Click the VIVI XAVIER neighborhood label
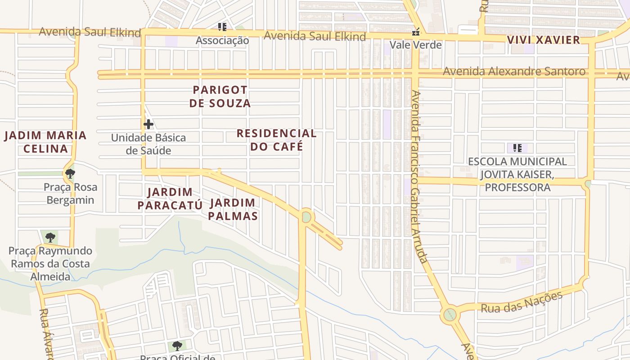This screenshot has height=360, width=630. tap(544, 40)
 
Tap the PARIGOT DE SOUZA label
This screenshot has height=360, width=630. tap(220, 96)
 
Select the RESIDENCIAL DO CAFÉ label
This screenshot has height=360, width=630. tap(276, 140)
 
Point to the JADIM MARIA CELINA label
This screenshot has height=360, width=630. tap(45, 142)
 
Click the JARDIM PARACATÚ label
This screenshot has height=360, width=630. tap(170, 199)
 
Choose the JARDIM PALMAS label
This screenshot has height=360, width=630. tap(233, 209)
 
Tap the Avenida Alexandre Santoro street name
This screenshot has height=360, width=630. tap(514, 71)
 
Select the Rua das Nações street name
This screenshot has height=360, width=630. tap(522, 302)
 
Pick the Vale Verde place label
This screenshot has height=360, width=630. tap(415, 45)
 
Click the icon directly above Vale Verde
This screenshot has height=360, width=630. tap(416, 32)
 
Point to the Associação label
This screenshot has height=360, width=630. tap(222, 40)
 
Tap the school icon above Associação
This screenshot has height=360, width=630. tap(222, 27)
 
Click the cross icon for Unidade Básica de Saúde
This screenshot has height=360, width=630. tap(148, 124)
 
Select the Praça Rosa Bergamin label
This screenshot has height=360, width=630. tap(70, 193)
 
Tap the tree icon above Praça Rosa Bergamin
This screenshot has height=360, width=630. tap(70, 173)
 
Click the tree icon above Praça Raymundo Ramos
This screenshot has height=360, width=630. tap(50, 237)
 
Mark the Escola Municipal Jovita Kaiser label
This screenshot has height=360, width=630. tap(517, 174)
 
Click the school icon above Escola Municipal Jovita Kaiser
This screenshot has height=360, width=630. tap(517, 148)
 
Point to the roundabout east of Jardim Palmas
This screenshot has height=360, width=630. tap(306, 217)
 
